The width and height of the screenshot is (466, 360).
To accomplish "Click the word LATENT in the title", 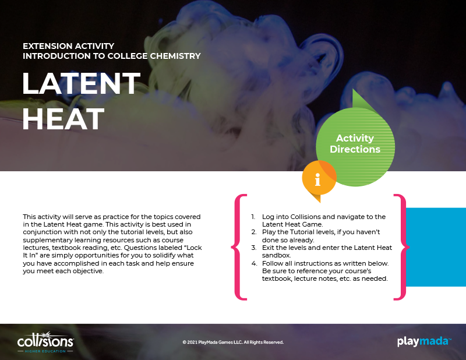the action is coord(81,83).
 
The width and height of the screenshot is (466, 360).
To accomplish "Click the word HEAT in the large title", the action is coord(63,119).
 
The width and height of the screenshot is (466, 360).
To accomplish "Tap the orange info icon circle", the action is coord(319,178).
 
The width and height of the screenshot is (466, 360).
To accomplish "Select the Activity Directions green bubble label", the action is coord(355,143).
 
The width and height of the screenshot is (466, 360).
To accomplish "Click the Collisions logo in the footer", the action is coord(45,342).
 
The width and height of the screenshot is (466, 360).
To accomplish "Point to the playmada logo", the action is coord(424,341).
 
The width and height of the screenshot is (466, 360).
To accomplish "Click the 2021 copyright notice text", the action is coord(233,342).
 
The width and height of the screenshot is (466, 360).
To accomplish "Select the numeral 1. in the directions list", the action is coord(253,217).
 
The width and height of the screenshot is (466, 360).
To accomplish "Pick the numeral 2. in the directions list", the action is coord(254,232).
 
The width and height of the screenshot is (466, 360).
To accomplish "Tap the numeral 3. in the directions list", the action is coord(254,248).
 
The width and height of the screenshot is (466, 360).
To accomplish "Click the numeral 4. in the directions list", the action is coord(254,263).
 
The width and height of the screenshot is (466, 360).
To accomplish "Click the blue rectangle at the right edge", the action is coord(436,247).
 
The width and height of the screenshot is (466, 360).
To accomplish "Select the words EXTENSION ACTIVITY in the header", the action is coord(68,46).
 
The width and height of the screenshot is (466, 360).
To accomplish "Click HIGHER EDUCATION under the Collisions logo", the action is coord(45,351).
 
